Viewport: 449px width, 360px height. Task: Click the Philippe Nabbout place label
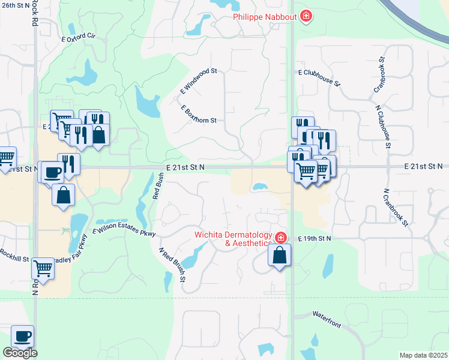click(265, 16)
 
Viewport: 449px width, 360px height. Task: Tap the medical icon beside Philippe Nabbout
click(306, 16)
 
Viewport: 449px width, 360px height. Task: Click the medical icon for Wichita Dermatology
click(280, 238)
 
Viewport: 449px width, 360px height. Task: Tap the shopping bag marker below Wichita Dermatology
click(280, 256)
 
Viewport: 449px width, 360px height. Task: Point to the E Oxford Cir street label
click(79, 37)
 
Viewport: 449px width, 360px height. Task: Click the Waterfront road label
click(326, 320)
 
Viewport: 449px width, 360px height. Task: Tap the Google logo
click(20, 353)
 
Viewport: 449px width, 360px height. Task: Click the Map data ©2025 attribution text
click(423, 355)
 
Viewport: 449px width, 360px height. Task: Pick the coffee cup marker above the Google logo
click(22, 337)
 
